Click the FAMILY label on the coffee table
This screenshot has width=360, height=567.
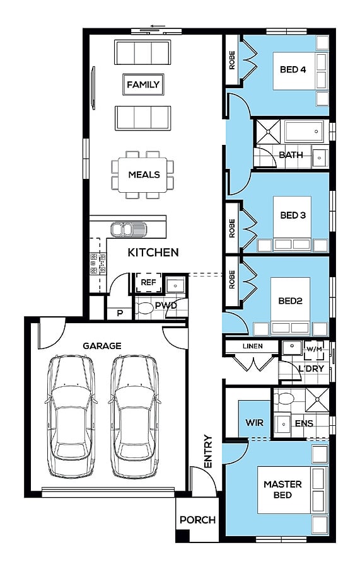coord(143,84)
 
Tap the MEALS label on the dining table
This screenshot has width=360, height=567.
coord(144,175)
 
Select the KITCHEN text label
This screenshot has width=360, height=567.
coord(153,253)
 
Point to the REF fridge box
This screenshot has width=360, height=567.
coord(148,282)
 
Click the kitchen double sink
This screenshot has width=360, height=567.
coord(129,229)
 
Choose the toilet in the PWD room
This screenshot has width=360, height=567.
coord(145,308)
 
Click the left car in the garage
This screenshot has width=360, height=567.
coord(71,416)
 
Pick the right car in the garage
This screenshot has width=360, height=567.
coord(134,416)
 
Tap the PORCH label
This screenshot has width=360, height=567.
coord(197,520)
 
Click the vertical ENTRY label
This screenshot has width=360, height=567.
coord(208,451)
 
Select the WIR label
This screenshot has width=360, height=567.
coord(254,422)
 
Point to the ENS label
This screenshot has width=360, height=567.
coord(304,423)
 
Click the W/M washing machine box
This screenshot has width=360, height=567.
coord(314,350)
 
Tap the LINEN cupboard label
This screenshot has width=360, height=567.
coord(253,346)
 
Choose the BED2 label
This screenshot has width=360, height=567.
coord(290,301)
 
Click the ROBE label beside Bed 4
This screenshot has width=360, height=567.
coord(232,60)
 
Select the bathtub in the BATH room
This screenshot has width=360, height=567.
coord(303,132)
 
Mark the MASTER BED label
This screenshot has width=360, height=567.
coord(282,490)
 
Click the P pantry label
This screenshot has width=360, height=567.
coord(120,313)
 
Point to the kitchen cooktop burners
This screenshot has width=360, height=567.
coord(98,263)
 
